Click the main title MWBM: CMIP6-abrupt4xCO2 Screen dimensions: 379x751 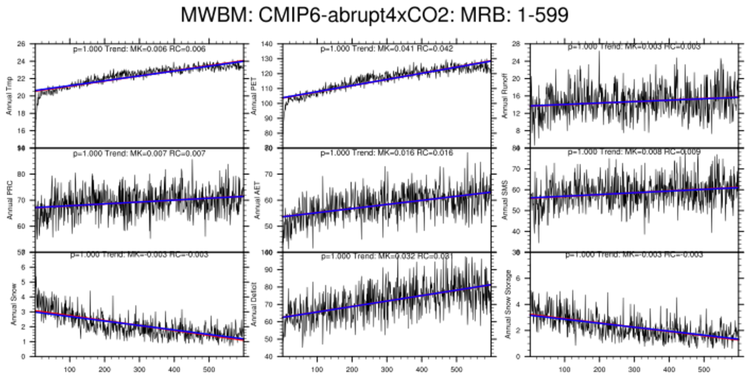tap(375, 14)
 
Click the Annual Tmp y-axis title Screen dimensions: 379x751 tap(10, 95)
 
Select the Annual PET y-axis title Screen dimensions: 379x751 tap(256, 95)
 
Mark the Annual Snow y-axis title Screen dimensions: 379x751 tap(10, 303)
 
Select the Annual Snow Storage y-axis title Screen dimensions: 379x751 tap(509, 303)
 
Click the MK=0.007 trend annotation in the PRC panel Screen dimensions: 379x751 tap(139, 153)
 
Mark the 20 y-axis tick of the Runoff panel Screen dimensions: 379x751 tap(517, 79)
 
